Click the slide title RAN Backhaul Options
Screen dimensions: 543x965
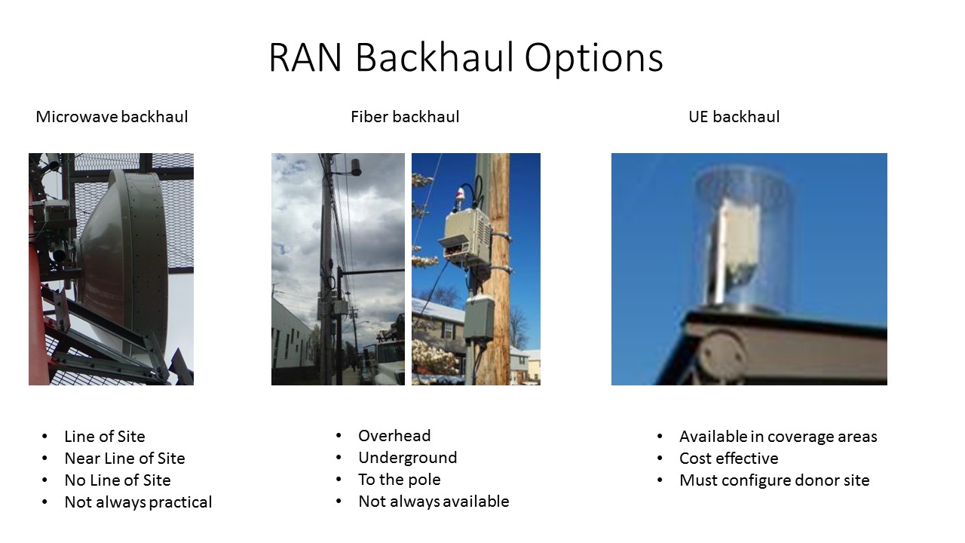pyautogui.click(x=465, y=58)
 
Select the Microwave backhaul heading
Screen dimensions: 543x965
pyautogui.click(x=112, y=117)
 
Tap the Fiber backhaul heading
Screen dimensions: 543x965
pyautogui.click(x=404, y=117)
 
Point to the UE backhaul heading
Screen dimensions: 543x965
pyautogui.click(x=734, y=117)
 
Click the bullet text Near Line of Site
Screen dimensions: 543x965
pyautogui.click(x=124, y=459)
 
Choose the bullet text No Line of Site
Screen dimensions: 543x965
pyautogui.click(x=117, y=480)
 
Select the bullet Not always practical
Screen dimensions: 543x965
pyautogui.click(x=138, y=502)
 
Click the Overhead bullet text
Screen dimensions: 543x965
pyautogui.click(x=394, y=436)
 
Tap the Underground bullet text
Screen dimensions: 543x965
pyautogui.click(x=407, y=458)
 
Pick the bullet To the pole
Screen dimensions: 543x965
pyautogui.click(x=399, y=480)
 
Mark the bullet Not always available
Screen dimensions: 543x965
pyautogui.click(x=433, y=502)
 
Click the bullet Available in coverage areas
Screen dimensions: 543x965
pyautogui.click(x=778, y=437)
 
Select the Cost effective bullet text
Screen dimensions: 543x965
pyautogui.click(x=728, y=459)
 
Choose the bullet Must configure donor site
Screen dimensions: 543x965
pyautogui.click(x=774, y=480)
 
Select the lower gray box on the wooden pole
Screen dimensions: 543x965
pyautogui.click(x=478, y=317)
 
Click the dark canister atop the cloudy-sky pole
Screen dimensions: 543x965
pyautogui.click(x=354, y=166)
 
